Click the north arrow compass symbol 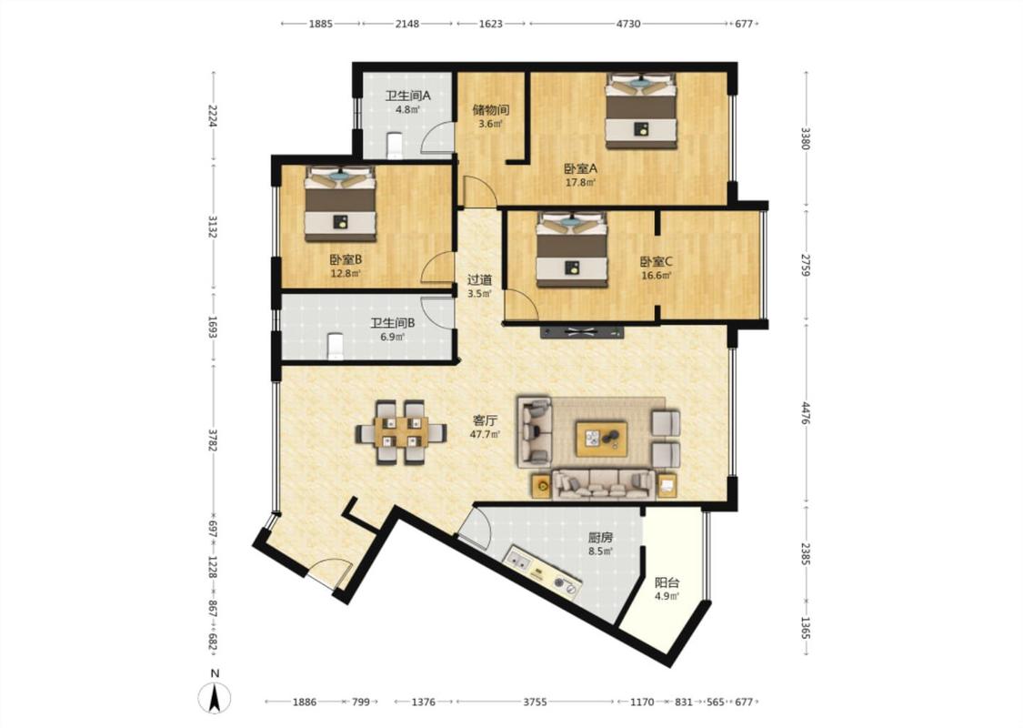215,697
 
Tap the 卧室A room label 581,167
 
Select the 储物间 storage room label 491,110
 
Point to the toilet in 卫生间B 335,346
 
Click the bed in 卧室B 340,202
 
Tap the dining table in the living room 401,431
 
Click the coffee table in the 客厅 602,439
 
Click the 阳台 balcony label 667,582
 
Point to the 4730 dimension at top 628,24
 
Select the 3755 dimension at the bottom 535,702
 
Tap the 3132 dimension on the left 212,226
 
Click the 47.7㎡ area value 486,434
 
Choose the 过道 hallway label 479,279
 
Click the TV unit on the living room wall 582,332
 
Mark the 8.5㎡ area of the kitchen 600,551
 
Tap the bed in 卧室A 641,110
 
